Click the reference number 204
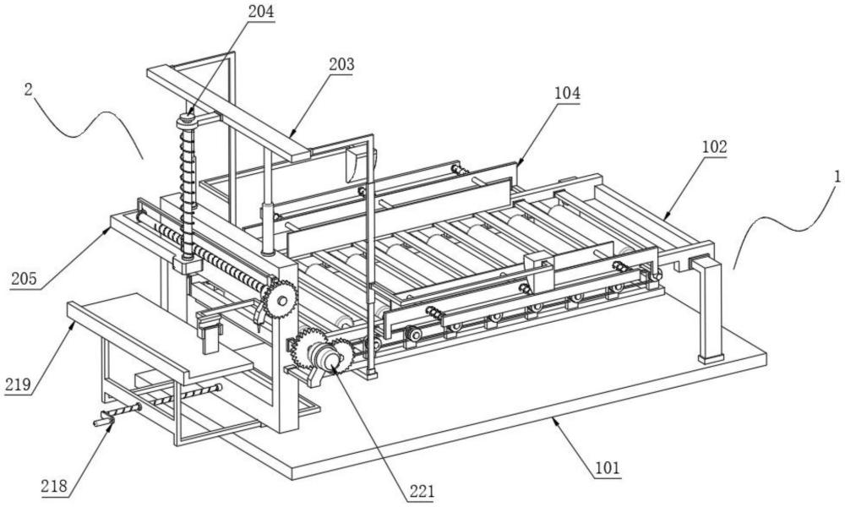point(261,12)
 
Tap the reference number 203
point(342,63)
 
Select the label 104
point(567,94)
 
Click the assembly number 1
point(836,178)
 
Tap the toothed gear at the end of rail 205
point(278,299)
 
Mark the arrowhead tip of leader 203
point(289,134)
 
